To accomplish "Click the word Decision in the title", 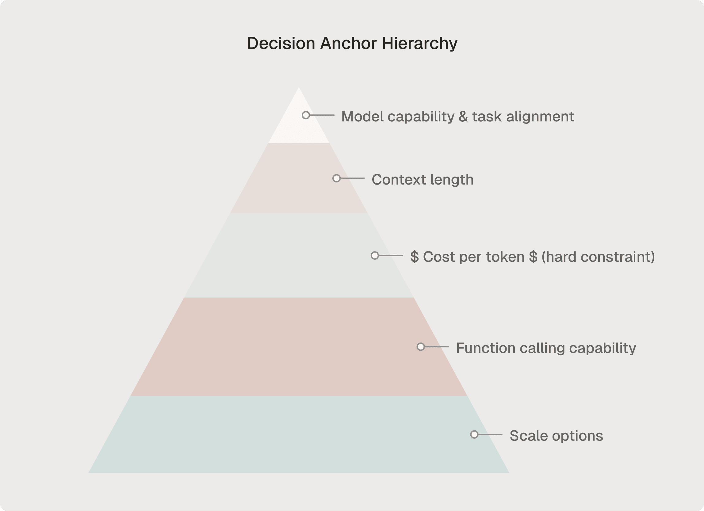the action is pyautogui.click(x=281, y=43).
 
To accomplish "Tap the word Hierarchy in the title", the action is pyautogui.click(x=420, y=43).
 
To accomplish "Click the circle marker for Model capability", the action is pyautogui.click(x=306, y=115).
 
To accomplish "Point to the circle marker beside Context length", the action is pyautogui.click(x=336, y=178).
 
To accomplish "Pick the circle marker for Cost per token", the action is pyautogui.click(x=375, y=255).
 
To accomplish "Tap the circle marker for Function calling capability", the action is pyautogui.click(x=421, y=347).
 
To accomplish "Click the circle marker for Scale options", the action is pyautogui.click(x=474, y=434).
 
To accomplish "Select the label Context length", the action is pyautogui.click(x=423, y=180).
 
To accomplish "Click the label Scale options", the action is pyautogui.click(x=556, y=436).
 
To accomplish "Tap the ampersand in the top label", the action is pyautogui.click(x=463, y=117).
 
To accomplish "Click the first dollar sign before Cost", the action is pyautogui.click(x=414, y=257).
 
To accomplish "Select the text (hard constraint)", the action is pyautogui.click(x=598, y=257).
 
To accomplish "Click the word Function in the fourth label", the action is pyautogui.click(x=485, y=348).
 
